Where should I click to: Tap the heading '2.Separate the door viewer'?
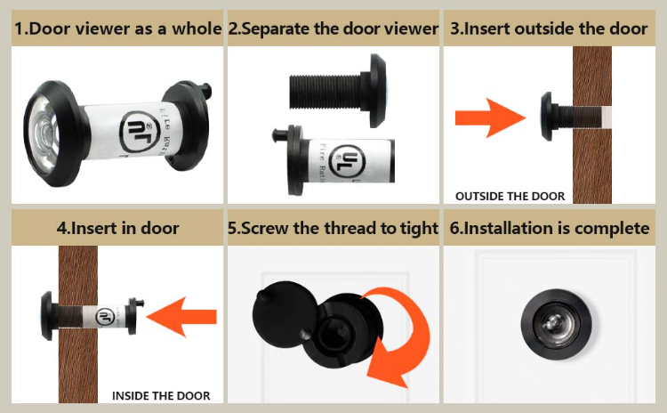point(333,28)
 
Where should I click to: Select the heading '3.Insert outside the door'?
point(549,28)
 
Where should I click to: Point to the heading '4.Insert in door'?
point(117,228)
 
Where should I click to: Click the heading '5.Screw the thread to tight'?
point(333,228)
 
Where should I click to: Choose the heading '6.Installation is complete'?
point(550,228)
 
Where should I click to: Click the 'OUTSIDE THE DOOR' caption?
point(510,196)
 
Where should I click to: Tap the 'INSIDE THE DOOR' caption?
point(161,395)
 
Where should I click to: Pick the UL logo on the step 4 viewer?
point(105,314)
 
